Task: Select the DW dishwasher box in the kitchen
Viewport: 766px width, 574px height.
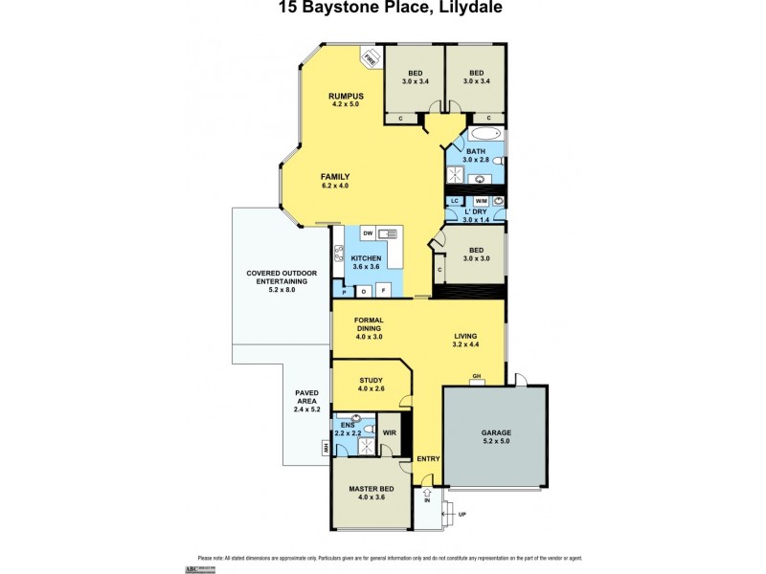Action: [x=367, y=233]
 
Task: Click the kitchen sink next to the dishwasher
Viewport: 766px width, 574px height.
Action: [x=387, y=233]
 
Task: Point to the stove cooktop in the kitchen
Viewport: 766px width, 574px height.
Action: [x=338, y=254]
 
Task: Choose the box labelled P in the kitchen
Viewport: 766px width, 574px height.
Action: [x=343, y=291]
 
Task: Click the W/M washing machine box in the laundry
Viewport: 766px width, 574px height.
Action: [x=481, y=200]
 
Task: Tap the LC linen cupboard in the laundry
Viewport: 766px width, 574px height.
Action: [x=456, y=200]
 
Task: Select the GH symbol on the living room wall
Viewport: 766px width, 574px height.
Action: [x=476, y=377]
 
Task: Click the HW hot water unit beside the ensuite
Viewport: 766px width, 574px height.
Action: [x=327, y=447]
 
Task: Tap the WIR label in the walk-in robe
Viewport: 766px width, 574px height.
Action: [x=389, y=432]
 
